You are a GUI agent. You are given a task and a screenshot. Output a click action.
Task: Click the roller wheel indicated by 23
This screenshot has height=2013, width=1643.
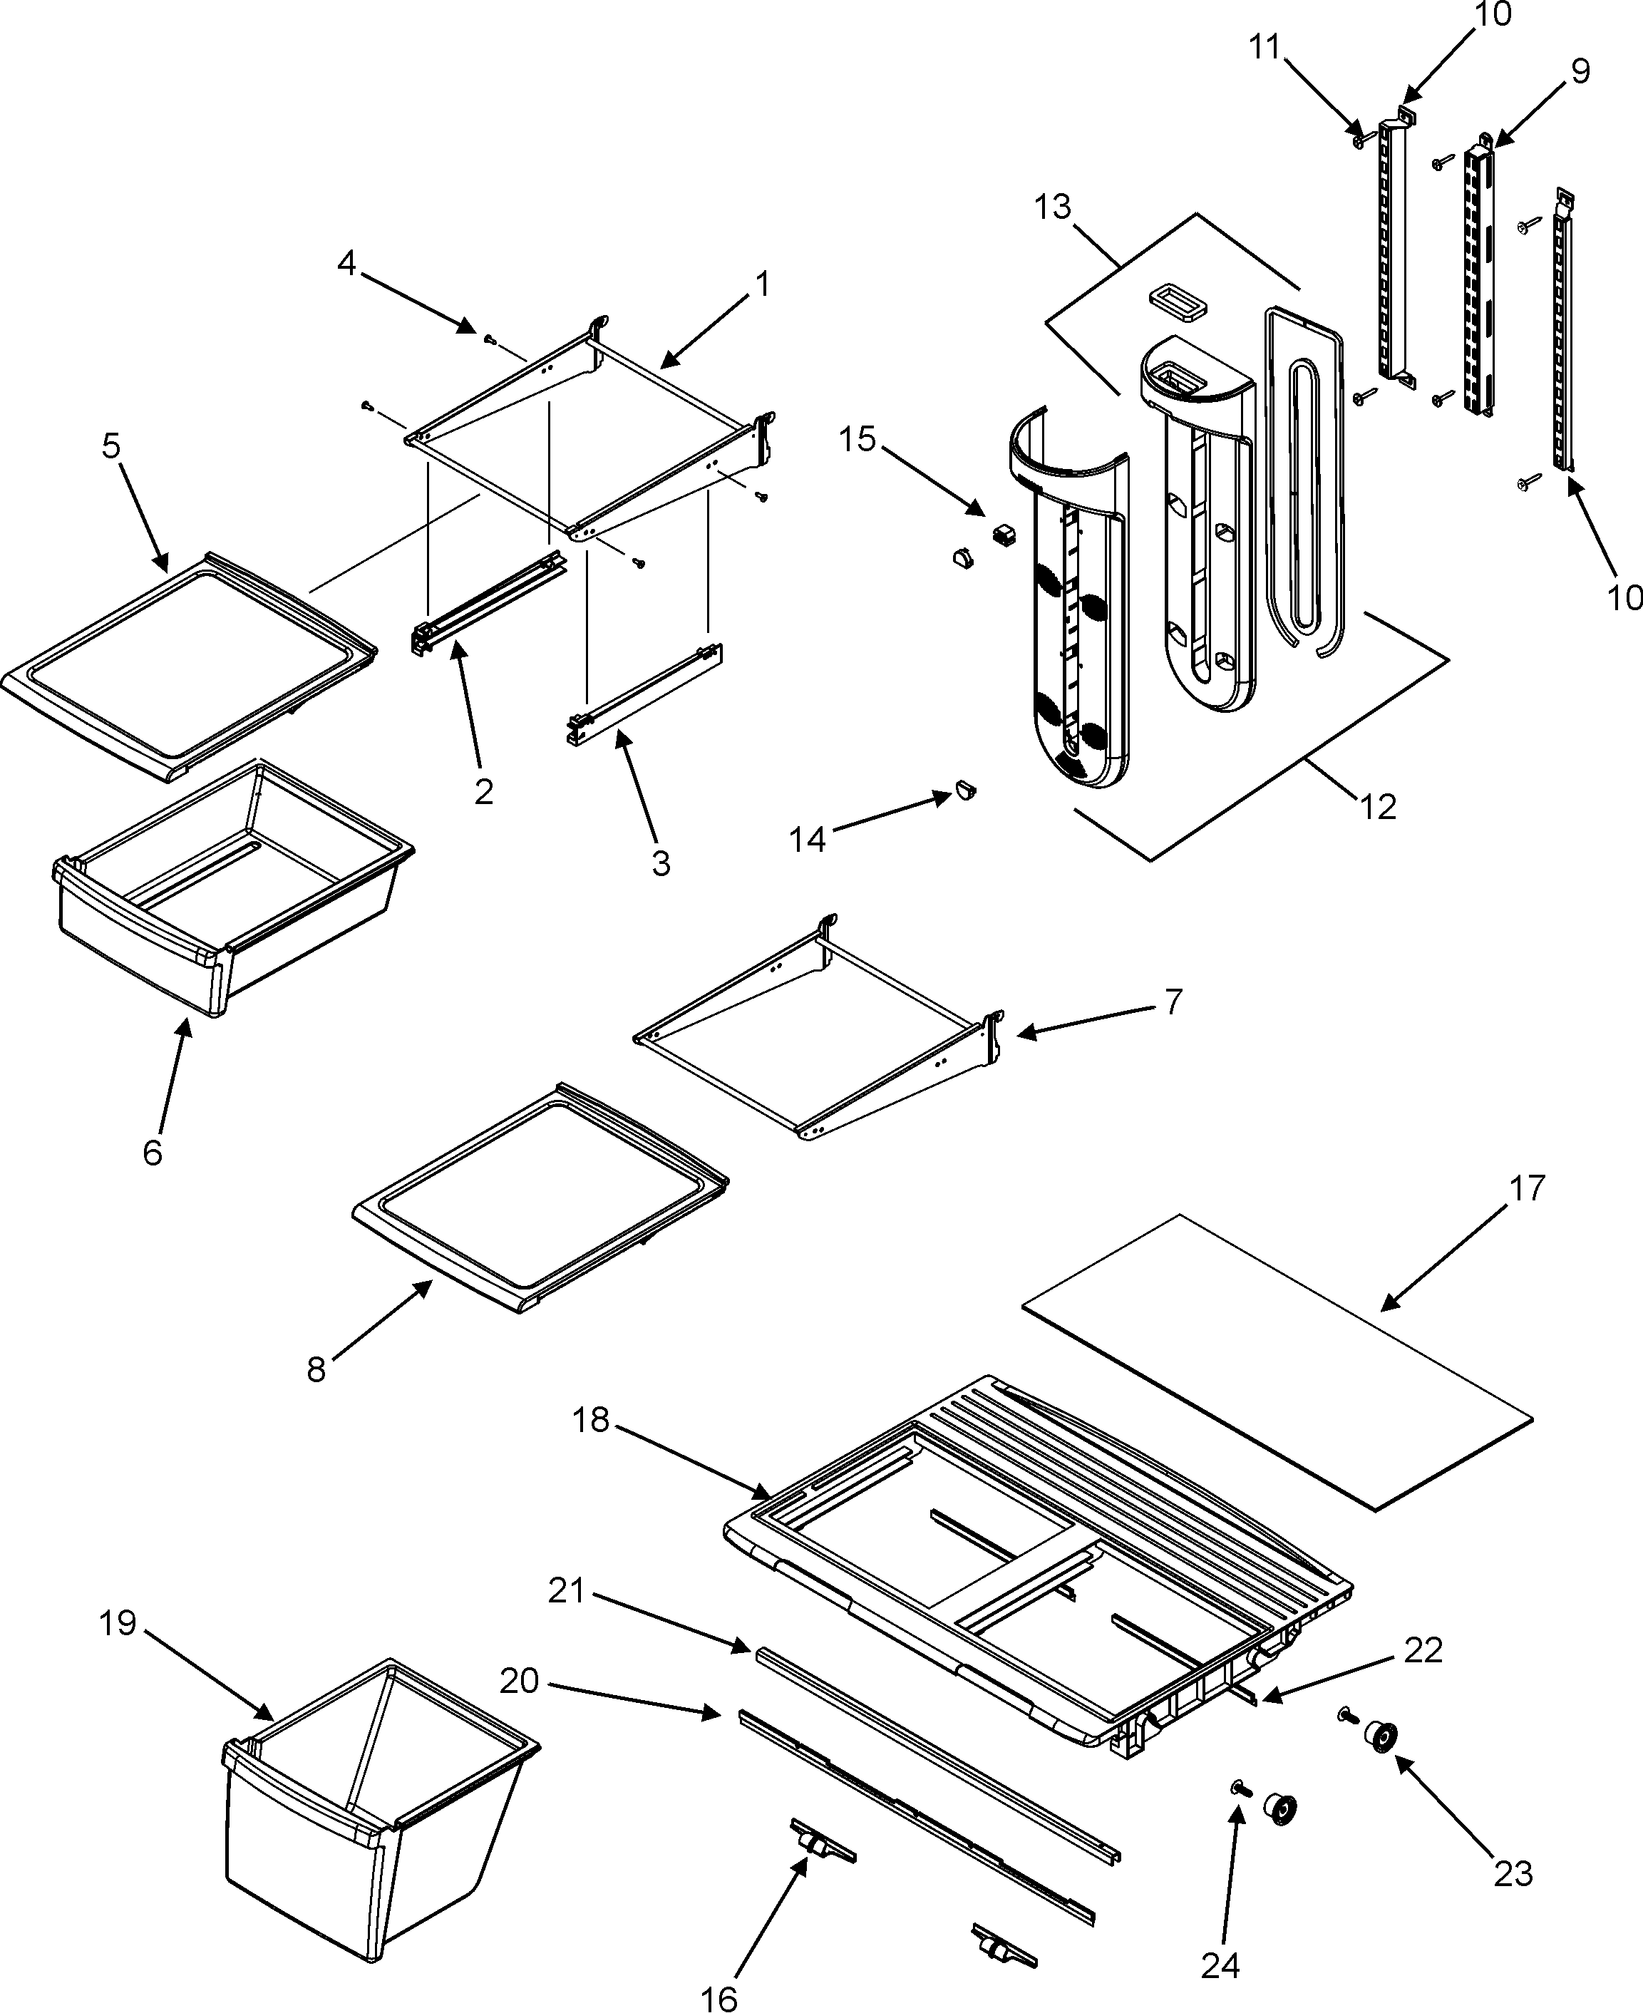click(x=1382, y=1739)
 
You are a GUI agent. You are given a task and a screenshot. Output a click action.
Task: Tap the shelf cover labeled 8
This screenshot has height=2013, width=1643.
click(x=540, y=1198)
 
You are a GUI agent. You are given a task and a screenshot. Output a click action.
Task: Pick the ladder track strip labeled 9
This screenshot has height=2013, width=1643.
click(x=1478, y=274)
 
